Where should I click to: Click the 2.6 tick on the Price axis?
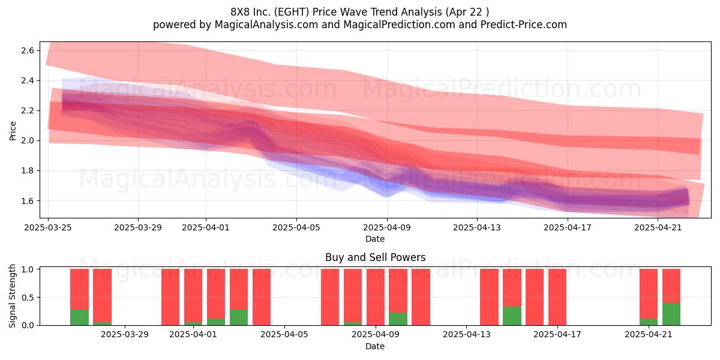coord(28,50)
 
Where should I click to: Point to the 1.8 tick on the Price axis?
coord(28,170)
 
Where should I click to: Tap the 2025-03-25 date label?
coord(48,227)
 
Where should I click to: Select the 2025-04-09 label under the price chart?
coord(387,227)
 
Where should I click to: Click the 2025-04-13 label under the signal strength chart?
coord(467,335)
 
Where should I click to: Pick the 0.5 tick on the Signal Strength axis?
coord(28,298)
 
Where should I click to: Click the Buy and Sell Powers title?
coord(375,257)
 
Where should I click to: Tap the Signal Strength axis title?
coord(12,296)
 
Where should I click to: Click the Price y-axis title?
coord(13,131)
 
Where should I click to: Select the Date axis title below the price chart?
coord(375,239)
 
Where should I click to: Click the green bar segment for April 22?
coord(671,314)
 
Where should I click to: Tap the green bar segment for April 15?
coord(512,316)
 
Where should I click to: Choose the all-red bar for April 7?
coord(330,297)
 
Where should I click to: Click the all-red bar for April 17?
coord(557,297)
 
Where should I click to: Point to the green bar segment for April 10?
coord(398,319)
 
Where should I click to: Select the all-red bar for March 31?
coord(170,297)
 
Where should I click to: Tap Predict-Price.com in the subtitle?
coord(524,25)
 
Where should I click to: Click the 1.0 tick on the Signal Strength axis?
coord(28,269)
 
